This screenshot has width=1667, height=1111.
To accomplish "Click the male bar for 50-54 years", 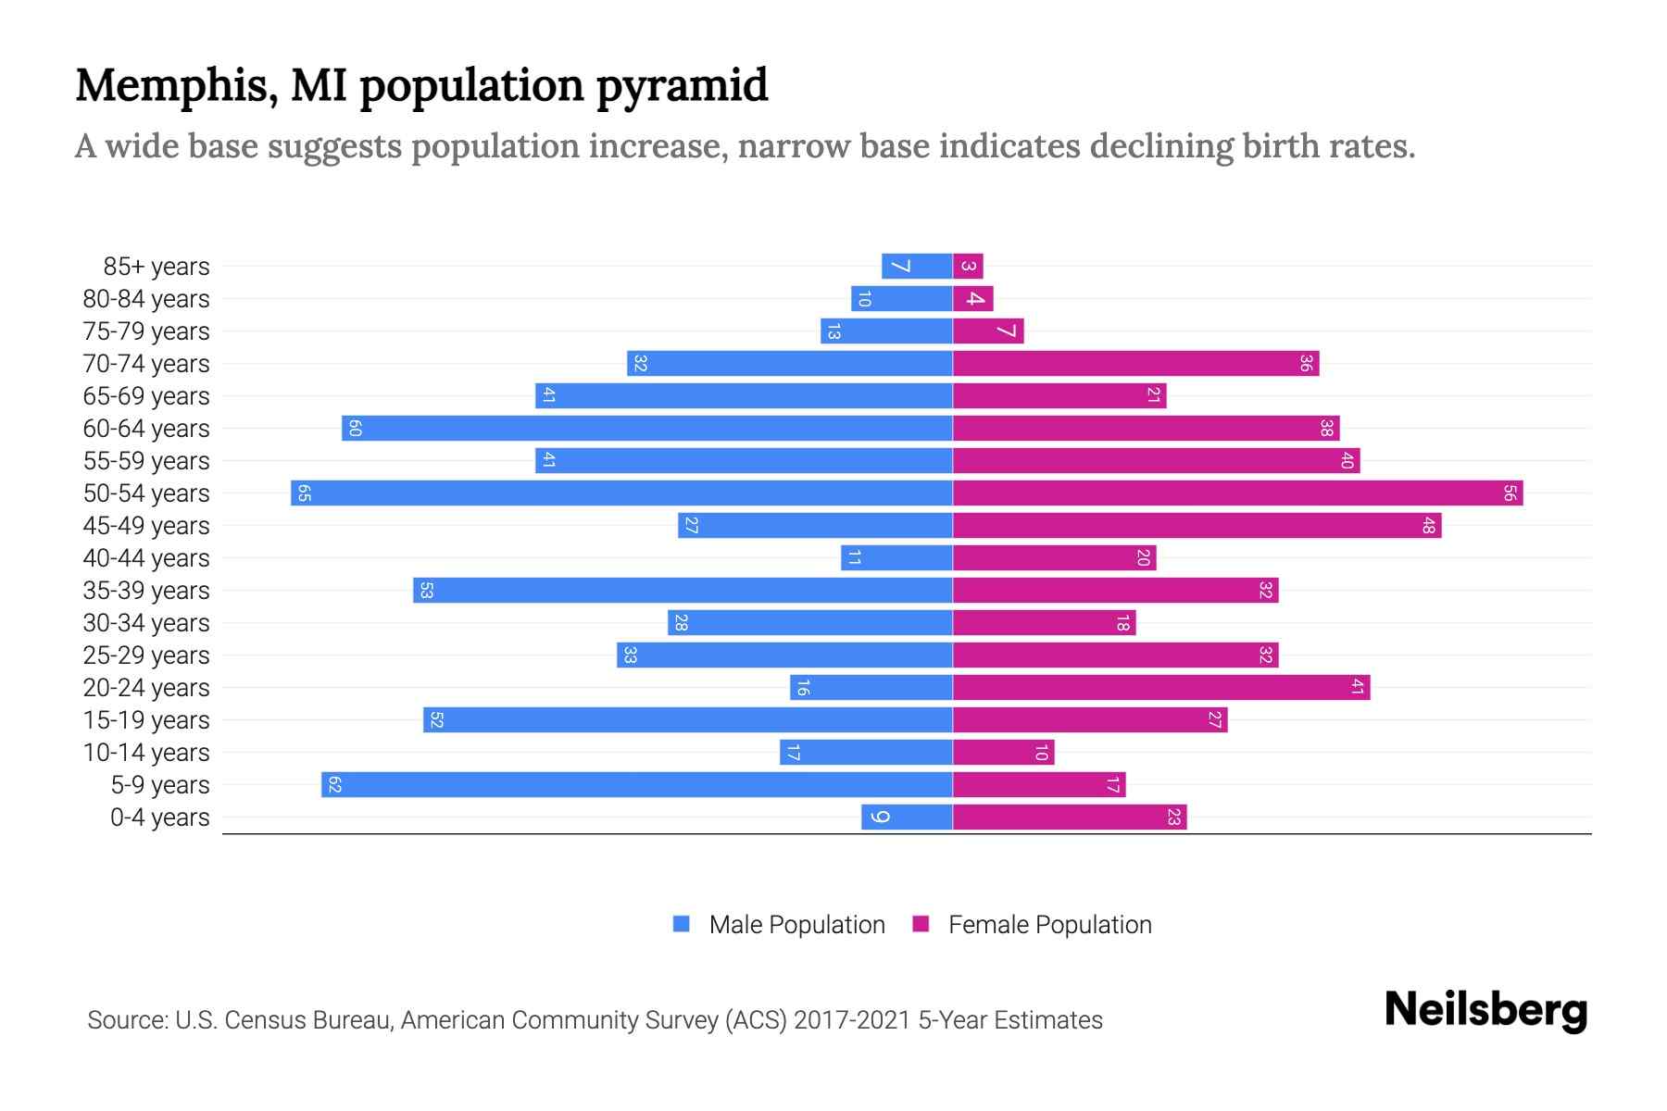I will tap(621, 493).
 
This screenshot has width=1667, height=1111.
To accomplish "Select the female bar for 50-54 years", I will tap(1237, 493).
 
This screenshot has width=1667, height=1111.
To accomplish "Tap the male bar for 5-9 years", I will tap(637, 784).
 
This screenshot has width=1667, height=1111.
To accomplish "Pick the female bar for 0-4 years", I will tap(1070, 817).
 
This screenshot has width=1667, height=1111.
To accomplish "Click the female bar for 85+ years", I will tap(968, 266).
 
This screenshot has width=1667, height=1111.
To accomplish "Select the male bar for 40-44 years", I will tap(896, 557).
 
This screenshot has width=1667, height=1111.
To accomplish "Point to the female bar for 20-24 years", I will tap(1161, 687).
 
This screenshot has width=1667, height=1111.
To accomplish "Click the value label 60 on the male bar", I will tap(355, 428).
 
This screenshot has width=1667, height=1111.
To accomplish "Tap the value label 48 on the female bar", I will tap(1428, 525).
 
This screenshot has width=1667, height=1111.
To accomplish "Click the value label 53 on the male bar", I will tap(426, 590).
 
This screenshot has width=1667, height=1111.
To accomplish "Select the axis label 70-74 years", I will tap(146, 364).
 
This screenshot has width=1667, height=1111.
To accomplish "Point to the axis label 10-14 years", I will tap(146, 753).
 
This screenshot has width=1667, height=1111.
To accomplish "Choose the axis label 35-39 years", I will tap(146, 591).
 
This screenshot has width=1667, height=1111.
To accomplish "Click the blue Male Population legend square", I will tap(682, 924).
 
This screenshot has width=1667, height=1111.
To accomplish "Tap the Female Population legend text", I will tap(1049, 924).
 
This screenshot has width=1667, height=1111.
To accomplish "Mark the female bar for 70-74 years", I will tap(1135, 363).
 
